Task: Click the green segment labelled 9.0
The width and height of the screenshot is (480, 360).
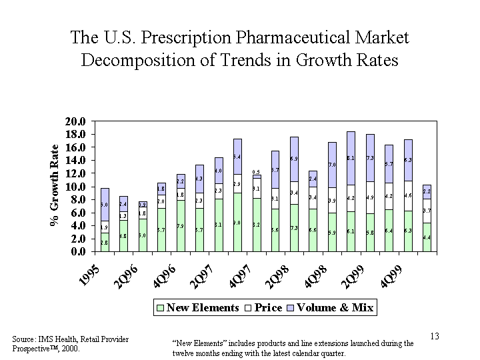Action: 237,222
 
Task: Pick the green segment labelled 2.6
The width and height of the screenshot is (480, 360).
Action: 105,243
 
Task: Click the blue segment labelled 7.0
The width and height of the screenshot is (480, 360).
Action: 333,165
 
